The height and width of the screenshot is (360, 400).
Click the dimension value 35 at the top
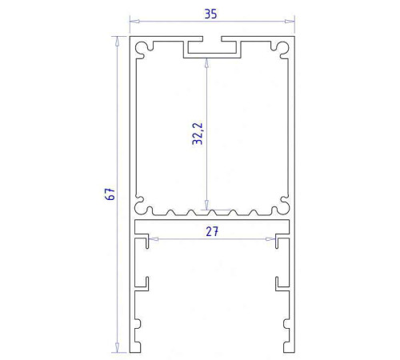[x=211, y=14]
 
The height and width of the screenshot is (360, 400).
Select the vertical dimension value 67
[x=111, y=194]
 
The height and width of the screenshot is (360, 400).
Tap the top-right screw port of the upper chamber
[x=281, y=50]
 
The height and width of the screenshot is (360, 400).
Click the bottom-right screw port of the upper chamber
[x=281, y=206]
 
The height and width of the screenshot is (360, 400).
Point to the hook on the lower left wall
[x=147, y=282]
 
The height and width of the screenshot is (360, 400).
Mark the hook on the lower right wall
[x=278, y=282]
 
